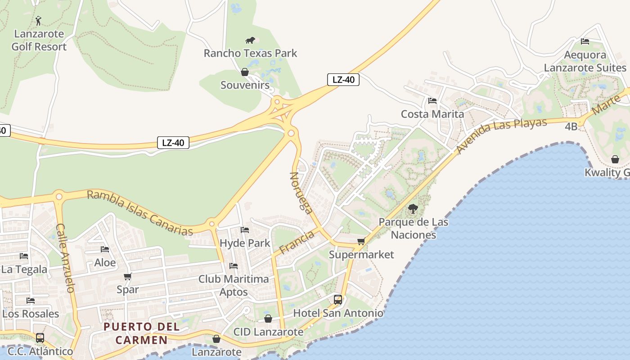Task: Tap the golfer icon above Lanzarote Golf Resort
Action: (39, 21)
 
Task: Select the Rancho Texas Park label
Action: (251, 53)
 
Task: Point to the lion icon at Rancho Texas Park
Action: (250, 40)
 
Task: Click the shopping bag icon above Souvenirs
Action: (245, 72)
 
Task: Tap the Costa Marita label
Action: (432, 114)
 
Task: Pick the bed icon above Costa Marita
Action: (432, 101)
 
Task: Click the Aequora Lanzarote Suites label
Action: (585, 61)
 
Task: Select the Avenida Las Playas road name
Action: (501, 135)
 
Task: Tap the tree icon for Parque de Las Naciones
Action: (413, 209)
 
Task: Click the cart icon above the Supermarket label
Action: (361, 242)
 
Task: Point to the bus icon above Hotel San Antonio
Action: (337, 300)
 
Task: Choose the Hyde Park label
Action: (245, 243)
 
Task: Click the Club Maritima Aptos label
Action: (234, 285)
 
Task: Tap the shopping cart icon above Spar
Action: (128, 276)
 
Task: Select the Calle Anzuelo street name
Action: (65, 258)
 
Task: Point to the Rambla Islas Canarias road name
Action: (139, 213)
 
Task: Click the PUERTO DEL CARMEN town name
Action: (142, 333)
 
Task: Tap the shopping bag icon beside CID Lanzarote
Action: (268, 319)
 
